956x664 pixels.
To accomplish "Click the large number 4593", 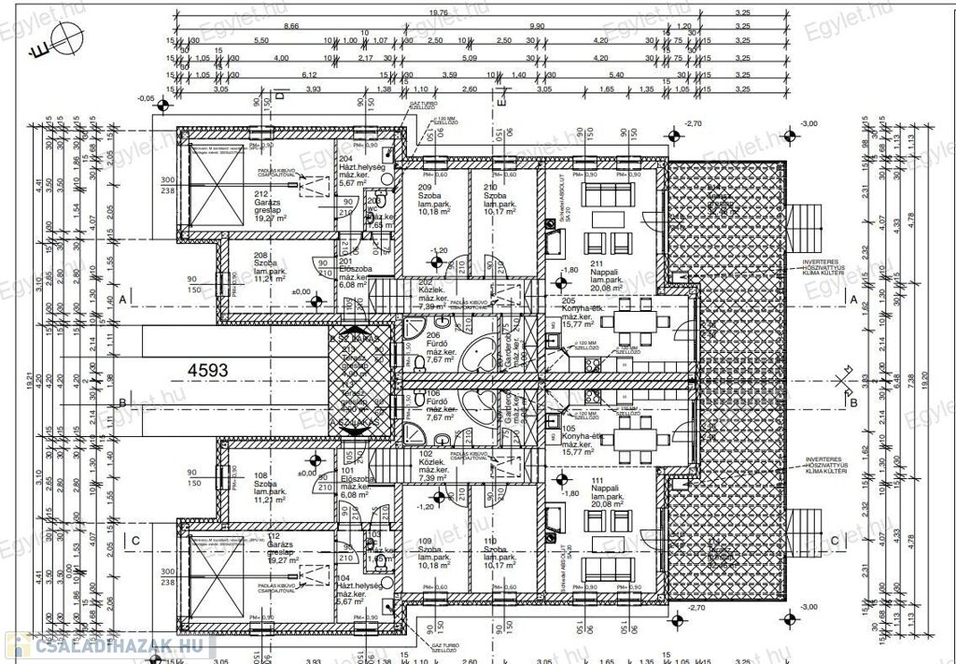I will tap(207, 370).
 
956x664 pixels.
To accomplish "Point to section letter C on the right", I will tap(834, 540).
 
